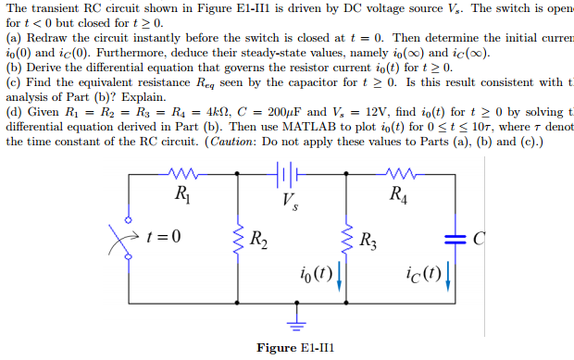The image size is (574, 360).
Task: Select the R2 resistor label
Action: click(x=260, y=245)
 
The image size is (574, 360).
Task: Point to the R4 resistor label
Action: click(x=397, y=195)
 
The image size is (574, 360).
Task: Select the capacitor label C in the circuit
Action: click(x=479, y=240)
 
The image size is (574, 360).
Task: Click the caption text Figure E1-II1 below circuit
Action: click(x=294, y=348)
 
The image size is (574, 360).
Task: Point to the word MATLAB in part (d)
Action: click(x=230, y=126)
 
